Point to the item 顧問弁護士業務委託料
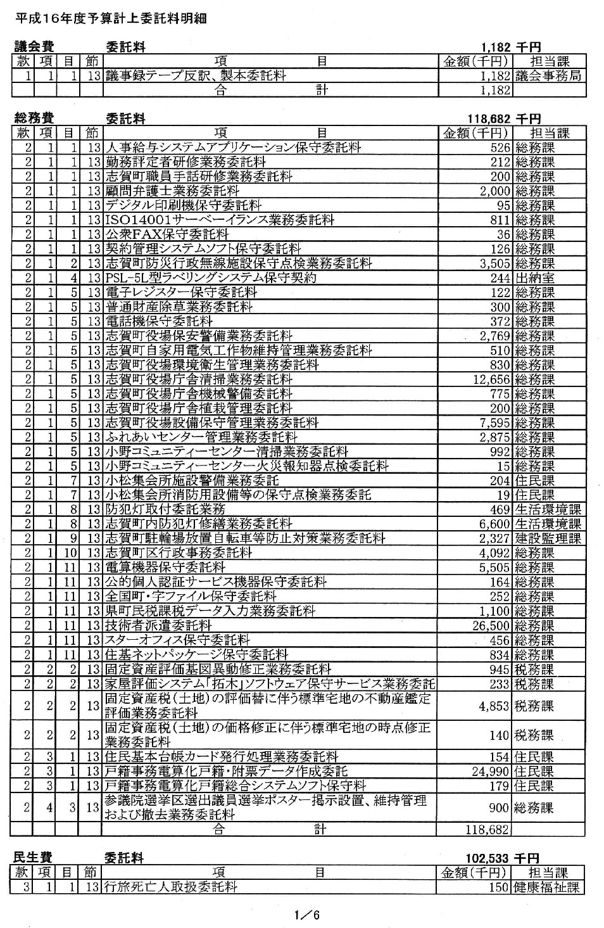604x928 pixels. pyautogui.click(x=172, y=191)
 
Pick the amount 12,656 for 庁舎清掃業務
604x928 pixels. pyautogui.click(x=491, y=379)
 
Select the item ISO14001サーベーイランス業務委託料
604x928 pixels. pyautogui.click(x=220, y=220)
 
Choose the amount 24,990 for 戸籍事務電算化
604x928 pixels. pyautogui.click(x=491, y=772)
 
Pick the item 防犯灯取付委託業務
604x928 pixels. pyautogui.click(x=165, y=509)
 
